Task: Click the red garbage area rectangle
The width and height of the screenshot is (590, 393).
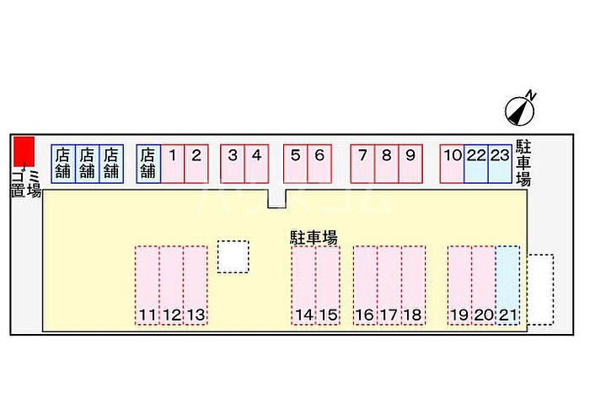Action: [x=24, y=151]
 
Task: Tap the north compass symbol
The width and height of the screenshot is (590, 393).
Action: [x=519, y=111]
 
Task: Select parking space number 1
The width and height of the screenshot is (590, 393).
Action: [x=173, y=164]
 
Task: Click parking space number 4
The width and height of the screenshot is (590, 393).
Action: [x=256, y=164]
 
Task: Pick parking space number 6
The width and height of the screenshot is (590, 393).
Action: [x=319, y=164]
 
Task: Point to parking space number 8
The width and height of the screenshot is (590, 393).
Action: [x=386, y=164]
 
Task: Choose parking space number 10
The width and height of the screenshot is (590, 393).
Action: [x=453, y=164]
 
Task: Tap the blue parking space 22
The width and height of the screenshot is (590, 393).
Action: [x=476, y=164]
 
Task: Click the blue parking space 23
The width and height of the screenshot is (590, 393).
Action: [x=500, y=164]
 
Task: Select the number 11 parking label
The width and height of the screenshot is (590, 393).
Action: [x=147, y=315]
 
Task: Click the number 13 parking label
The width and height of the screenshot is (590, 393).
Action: [x=196, y=315]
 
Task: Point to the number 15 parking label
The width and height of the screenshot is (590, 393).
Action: [x=329, y=315]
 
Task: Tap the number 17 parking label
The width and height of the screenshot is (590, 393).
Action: [x=389, y=315]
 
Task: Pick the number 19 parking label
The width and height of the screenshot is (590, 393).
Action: [x=459, y=315]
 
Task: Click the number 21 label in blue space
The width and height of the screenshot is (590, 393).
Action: [x=508, y=315]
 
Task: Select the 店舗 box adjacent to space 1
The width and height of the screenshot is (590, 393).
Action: [x=148, y=164]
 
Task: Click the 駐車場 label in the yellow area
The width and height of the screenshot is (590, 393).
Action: [x=314, y=238]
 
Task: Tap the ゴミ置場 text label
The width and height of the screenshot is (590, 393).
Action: [x=25, y=183]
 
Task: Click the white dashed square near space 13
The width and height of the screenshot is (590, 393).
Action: [x=233, y=256]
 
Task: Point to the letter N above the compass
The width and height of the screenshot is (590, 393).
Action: [x=530, y=95]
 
